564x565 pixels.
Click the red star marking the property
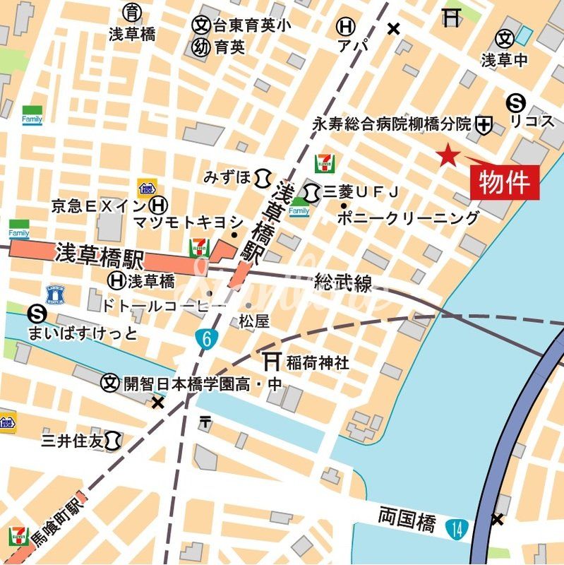pos(447,155)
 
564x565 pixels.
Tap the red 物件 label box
pos(504,182)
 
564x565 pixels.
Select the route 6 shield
pos(206,339)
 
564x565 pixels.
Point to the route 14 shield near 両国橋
pos(457,527)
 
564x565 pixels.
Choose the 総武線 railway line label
pos(343,283)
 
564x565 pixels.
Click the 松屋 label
pos(253,321)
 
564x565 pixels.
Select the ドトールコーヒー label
pos(164,305)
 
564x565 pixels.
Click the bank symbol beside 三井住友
pos(112,441)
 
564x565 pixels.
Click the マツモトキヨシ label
pos(188,222)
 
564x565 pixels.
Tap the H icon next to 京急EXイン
pos(160,206)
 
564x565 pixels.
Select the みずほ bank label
pos(227,177)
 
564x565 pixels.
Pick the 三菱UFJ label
pos(361,191)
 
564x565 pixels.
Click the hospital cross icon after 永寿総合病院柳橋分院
pos(484,125)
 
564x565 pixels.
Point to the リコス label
pos(532,121)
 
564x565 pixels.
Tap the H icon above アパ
pos(345,27)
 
